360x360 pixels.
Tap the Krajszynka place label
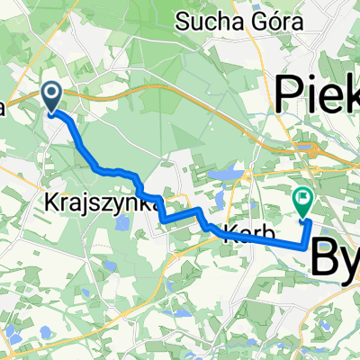pos(88,203)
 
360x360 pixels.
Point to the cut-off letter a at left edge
pos(3,109)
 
